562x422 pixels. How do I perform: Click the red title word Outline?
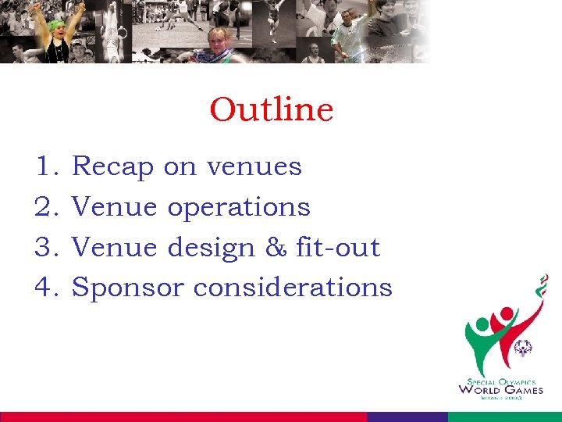pos(271,109)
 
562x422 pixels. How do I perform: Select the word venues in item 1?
pos(254,167)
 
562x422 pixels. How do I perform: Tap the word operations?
pos(239,208)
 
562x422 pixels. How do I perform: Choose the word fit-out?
pos(338,248)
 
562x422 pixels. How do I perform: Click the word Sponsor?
pos(128,288)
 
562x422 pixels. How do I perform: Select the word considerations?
pos(293,288)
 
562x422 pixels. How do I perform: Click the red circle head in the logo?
pos(507,314)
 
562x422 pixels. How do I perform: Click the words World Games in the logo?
pos(500,389)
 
